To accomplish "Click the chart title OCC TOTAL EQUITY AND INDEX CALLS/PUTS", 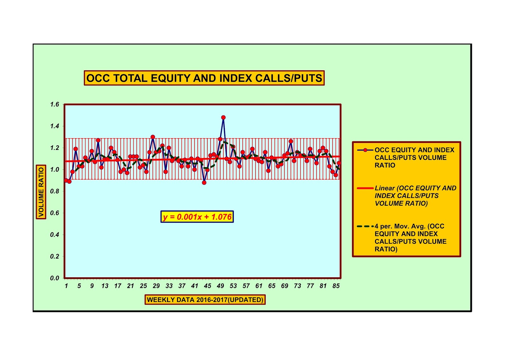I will pyautogui.click(x=204, y=78).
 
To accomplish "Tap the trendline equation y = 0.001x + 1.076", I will pyautogui.click(x=197, y=217).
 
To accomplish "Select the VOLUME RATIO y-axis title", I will pyautogui.click(x=41, y=192).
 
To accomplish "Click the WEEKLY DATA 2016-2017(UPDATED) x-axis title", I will pyautogui.click(x=205, y=300).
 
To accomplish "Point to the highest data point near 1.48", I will pyautogui.click(x=223, y=117).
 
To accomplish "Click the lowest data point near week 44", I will pyautogui.click(x=204, y=182).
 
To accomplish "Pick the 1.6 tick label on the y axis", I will pyautogui.click(x=55, y=104).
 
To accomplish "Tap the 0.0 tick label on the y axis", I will pyautogui.click(x=55, y=278).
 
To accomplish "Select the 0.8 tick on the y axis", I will pyautogui.click(x=55, y=191).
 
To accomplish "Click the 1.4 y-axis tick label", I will pyautogui.click(x=55, y=126).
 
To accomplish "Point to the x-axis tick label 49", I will pyautogui.click(x=220, y=286).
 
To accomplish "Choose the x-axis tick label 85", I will pyautogui.click(x=336, y=286).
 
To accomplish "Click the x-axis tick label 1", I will pyautogui.click(x=66, y=286).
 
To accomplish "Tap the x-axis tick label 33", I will pyautogui.click(x=169, y=286).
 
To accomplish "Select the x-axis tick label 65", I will pyautogui.click(x=272, y=286).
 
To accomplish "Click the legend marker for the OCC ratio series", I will pyautogui.click(x=365, y=150).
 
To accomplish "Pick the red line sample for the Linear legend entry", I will pyautogui.click(x=365, y=188).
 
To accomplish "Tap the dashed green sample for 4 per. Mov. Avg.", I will pyautogui.click(x=365, y=226).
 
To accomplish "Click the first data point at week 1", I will pyautogui.click(x=66, y=180).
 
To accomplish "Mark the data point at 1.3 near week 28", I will pyautogui.click(x=153, y=137).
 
